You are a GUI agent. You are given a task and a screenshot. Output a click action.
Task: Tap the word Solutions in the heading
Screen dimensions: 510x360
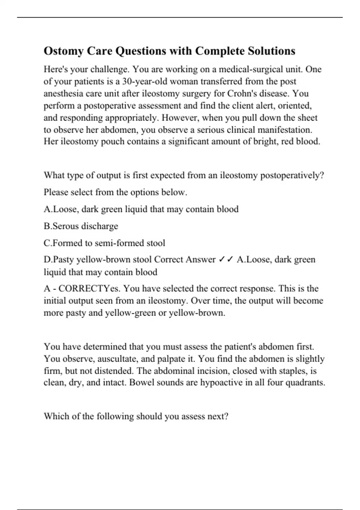tap(271, 51)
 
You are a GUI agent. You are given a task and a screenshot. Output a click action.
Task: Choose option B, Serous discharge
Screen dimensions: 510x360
tap(81, 226)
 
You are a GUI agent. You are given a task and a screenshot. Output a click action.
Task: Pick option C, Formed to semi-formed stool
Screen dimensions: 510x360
tap(104, 243)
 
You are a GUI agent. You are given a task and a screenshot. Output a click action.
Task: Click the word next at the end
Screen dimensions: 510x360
tap(218, 416)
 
